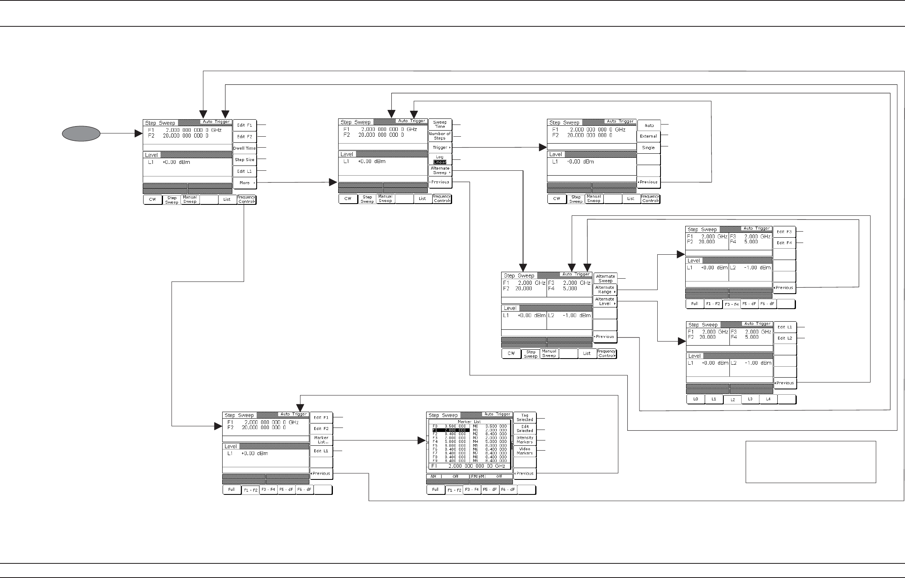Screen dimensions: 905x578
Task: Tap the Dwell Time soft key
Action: [244, 148]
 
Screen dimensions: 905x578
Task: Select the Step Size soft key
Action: [244, 160]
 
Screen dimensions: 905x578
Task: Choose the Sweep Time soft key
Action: [440, 124]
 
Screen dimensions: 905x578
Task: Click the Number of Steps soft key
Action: [440, 136]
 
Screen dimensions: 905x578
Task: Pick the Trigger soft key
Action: [440, 148]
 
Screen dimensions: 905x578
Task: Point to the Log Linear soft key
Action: [440, 159]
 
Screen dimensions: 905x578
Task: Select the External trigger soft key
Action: [648, 136]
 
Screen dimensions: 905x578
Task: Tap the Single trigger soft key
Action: [648, 148]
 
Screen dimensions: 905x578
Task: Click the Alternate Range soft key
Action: [605, 290]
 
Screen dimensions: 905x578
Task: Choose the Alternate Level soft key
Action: [605, 301]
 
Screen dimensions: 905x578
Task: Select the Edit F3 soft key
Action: [784, 232]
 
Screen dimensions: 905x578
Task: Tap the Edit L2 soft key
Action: [785, 338]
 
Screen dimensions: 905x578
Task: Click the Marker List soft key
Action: [321, 440]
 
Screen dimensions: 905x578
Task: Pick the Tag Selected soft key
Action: [525, 418]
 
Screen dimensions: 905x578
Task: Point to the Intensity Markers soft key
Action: [525, 440]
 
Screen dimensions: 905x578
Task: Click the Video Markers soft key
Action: [525, 451]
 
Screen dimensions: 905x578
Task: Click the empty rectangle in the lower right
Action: [811, 462]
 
